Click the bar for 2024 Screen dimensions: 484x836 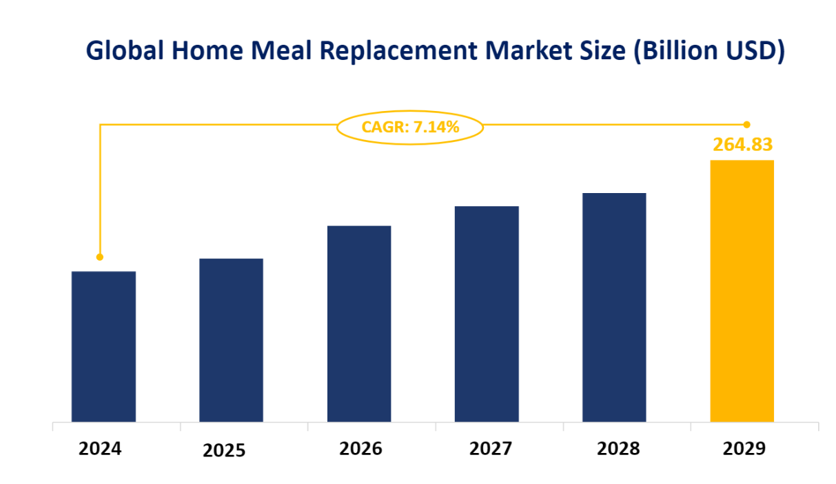click(x=103, y=346)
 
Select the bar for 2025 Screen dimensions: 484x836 click(x=231, y=340)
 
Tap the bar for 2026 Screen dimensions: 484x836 click(x=358, y=323)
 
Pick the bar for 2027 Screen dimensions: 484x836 click(x=487, y=314)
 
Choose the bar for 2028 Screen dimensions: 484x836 click(x=614, y=307)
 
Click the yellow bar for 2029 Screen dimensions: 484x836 click(x=742, y=290)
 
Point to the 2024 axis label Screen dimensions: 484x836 click(x=100, y=449)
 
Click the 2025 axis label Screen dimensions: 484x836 click(x=224, y=451)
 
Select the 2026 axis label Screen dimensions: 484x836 click(x=360, y=449)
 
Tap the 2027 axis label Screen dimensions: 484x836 click(x=491, y=449)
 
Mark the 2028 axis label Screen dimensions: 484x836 click(x=618, y=449)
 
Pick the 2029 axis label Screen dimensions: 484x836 click(x=744, y=449)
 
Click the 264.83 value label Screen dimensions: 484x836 click(x=742, y=145)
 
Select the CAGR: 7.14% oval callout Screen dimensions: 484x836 click(x=410, y=127)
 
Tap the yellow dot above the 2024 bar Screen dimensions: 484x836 click(x=100, y=257)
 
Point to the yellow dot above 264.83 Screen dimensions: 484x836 click(x=746, y=125)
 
